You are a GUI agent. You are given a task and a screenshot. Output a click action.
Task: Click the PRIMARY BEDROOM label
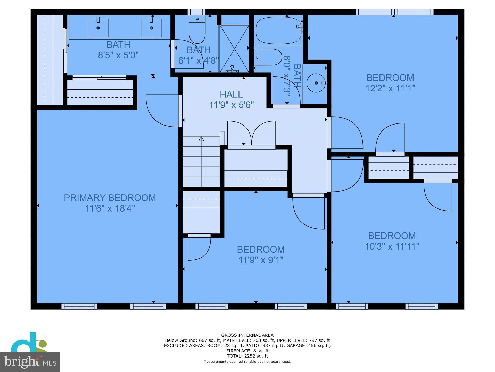[110, 198]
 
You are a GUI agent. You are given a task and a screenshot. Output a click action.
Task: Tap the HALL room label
[231, 94]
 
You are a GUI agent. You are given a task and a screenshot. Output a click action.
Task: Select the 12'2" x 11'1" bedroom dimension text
[390, 88]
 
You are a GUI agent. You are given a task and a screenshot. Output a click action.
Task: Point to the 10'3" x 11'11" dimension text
[392, 246]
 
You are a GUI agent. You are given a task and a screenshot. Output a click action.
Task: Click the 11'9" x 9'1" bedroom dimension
[261, 260]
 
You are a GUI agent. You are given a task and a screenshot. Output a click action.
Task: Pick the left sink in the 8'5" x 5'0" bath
[98, 28]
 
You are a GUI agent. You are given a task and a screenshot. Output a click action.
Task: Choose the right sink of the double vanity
[151, 28]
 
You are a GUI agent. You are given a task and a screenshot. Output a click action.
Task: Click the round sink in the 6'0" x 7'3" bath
[316, 83]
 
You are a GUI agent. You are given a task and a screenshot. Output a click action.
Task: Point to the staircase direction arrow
[201, 139]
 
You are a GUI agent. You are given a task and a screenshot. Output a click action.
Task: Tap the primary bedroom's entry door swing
[162, 111]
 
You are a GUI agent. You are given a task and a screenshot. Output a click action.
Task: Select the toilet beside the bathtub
[268, 57]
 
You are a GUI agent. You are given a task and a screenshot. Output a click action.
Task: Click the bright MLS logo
[30, 362]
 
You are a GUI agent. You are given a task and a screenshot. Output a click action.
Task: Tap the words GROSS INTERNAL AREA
[247, 335]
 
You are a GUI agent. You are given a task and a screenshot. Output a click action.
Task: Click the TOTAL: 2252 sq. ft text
[247, 356]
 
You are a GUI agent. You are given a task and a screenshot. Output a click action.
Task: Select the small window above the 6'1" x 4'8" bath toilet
[196, 12]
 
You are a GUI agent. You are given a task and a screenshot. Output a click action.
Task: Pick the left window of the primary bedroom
[79, 306]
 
